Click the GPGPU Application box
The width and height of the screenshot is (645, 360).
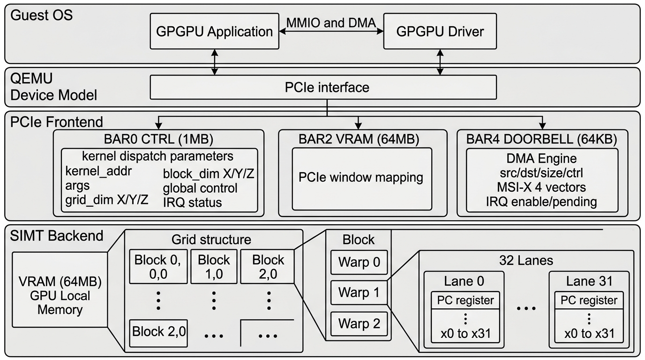tap(214, 32)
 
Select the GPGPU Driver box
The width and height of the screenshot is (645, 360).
tap(440, 32)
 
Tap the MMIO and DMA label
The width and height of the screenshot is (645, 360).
tap(331, 22)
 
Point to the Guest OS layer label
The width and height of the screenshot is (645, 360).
tap(41, 15)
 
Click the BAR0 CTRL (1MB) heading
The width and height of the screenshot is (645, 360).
tap(158, 139)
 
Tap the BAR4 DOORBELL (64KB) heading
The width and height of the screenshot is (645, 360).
tap(541, 139)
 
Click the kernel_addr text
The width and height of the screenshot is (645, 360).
tap(99, 171)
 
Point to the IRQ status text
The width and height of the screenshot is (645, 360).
tap(192, 202)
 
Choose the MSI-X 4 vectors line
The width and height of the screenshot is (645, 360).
tap(541, 187)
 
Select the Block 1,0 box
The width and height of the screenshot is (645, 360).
tap(213, 266)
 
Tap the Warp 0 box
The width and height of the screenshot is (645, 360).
tap(359, 262)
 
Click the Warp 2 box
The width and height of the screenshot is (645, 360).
tap(359, 323)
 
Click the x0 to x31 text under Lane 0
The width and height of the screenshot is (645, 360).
tap(465, 334)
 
